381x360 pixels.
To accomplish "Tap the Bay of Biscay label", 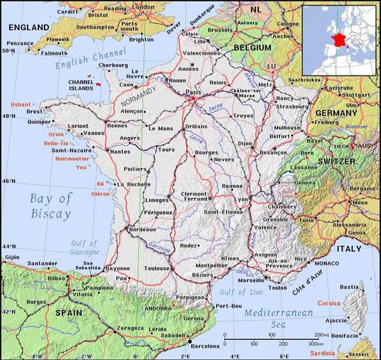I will click(x=52, y=206).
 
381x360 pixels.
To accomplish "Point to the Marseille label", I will click(x=251, y=281).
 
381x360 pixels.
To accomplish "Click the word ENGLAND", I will click(x=29, y=26).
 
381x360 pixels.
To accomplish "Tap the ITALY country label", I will click(x=349, y=249).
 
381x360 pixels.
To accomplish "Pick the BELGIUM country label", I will click(x=251, y=47).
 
